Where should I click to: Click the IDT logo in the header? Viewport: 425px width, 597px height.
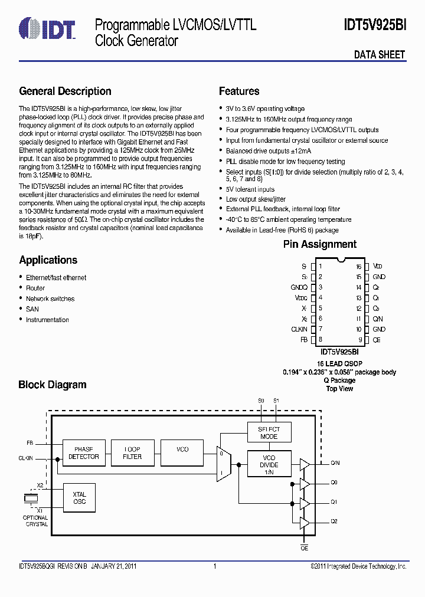pyautogui.click(x=47, y=29)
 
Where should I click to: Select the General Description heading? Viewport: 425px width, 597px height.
pyautogui.click(x=65, y=91)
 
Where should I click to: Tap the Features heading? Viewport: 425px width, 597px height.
pyautogui.click(x=239, y=91)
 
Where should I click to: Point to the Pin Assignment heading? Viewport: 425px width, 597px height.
pyautogui.click(x=319, y=244)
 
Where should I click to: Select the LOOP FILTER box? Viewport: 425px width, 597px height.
pyautogui.click(x=132, y=453)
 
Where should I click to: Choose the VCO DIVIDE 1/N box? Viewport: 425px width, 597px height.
pyautogui.click(x=269, y=465)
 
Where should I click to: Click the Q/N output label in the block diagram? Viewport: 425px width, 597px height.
pyautogui.click(x=334, y=464)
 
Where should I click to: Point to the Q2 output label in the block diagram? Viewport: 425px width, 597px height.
pyautogui.click(x=334, y=521)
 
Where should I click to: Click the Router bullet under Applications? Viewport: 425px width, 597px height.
pyautogui.click(x=35, y=288)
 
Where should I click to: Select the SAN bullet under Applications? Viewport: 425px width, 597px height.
pyautogui.click(x=32, y=309)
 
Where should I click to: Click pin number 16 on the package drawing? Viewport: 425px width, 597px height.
pyautogui.click(x=358, y=267)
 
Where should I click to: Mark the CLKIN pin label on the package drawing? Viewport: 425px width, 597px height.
pyautogui.click(x=299, y=329)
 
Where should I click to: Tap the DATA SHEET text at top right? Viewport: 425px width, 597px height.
pyautogui.click(x=380, y=55)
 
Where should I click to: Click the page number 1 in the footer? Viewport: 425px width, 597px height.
pyautogui.click(x=215, y=566)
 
